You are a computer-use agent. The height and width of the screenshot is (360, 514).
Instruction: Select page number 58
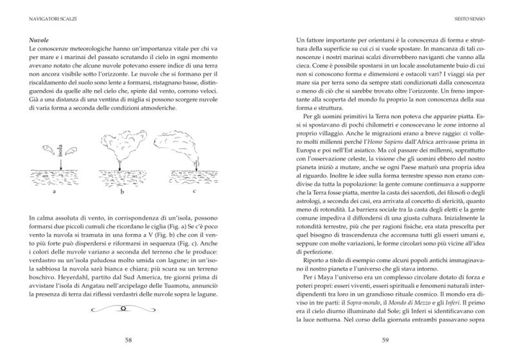pyautogui.click(x=128, y=340)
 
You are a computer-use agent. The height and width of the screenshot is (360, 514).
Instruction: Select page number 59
pyautogui.click(x=386, y=340)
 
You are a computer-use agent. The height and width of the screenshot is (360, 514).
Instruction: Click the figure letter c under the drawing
pyautogui.click(x=194, y=190)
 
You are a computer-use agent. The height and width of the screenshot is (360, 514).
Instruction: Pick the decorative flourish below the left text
pyautogui.click(x=128, y=310)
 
